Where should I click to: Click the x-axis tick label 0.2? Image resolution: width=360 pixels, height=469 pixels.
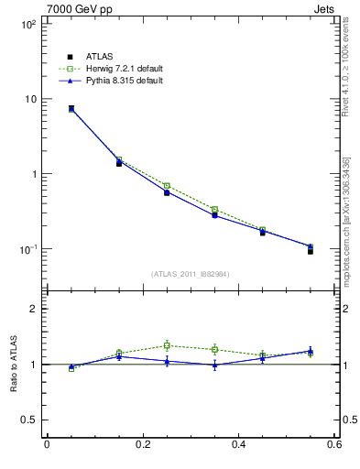142,445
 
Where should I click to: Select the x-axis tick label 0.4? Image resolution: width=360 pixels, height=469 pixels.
238,445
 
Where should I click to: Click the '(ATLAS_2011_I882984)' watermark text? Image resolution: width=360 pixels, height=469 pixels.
190,274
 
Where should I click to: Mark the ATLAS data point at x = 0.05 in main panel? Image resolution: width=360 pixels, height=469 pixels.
71,108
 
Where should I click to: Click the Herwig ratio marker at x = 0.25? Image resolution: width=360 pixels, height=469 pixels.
167,345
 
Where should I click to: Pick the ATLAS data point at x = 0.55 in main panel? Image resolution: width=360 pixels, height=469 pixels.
311,250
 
